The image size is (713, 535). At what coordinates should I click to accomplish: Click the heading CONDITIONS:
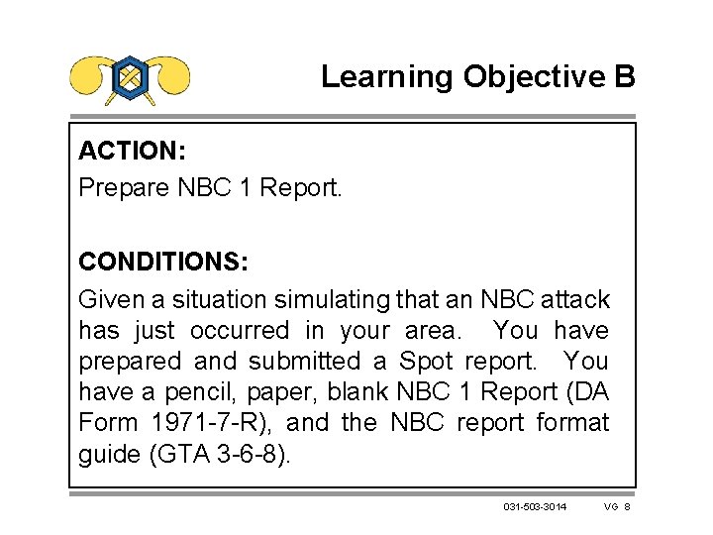click(x=163, y=263)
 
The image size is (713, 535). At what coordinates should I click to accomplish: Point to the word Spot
click(x=425, y=361)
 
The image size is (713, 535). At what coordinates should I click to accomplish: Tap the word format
click(x=573, y=423)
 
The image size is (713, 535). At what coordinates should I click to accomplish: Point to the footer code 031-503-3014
click(x=535, y=508)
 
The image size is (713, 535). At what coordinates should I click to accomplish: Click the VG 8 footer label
click(x=617, y=508)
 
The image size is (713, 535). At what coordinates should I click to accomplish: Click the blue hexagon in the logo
click(x=131, y=76)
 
